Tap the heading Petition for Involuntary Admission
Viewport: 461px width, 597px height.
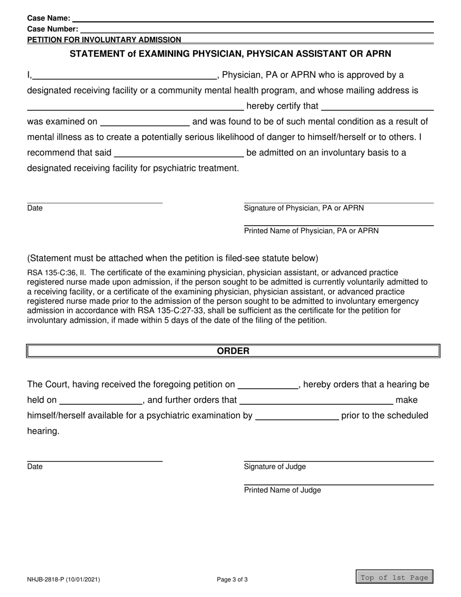click(x=104, y=40)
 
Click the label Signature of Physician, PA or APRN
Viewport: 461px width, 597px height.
click(x=304, y=208)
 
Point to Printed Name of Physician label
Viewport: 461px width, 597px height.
click(x=311, y=231)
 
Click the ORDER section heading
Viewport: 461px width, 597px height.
click(x=233, y=350)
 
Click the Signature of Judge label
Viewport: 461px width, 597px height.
click(x=275, y=467)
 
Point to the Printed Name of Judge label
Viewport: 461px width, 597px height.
click(x=282, y=490)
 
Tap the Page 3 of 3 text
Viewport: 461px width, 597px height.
click(x=233, y=579)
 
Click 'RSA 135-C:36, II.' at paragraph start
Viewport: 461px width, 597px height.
click(x=56, y=273)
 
